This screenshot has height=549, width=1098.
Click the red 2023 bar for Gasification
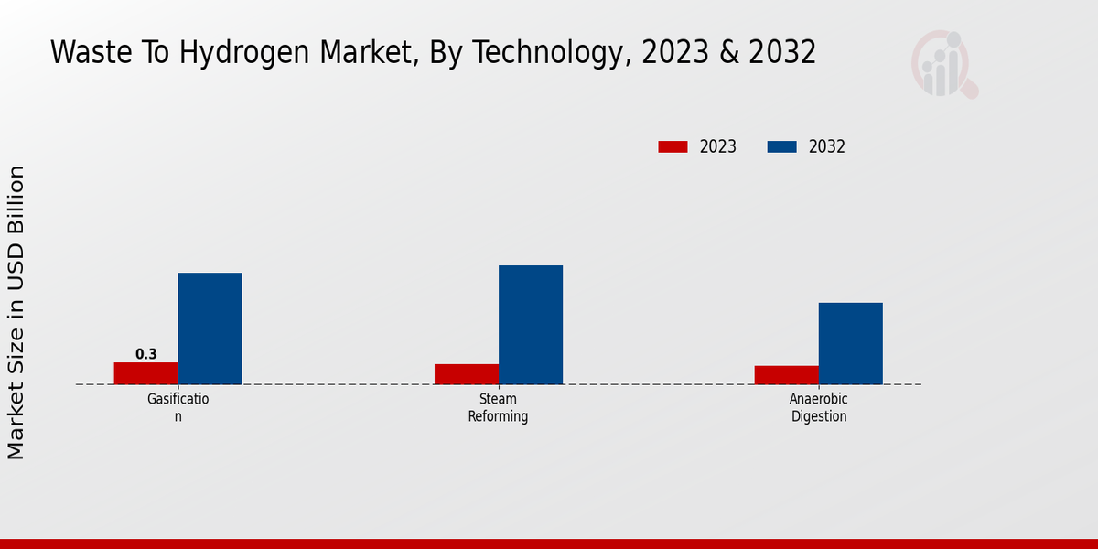146,373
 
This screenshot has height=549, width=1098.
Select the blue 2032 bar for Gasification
210,328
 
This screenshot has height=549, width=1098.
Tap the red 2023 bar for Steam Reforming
467,374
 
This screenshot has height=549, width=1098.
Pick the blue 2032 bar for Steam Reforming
531,325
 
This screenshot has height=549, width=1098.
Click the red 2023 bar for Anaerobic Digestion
787,375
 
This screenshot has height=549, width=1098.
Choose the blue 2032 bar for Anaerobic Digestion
851,343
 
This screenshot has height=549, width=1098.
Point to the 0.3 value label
146,354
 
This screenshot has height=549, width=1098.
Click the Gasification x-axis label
178,407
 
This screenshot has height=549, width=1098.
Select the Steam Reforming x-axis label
499,407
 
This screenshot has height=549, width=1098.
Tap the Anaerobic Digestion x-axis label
819,407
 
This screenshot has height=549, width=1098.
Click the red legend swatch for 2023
673,146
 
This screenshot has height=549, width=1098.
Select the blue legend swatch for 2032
781,146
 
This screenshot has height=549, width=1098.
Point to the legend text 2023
718,146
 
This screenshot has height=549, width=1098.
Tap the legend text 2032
827,146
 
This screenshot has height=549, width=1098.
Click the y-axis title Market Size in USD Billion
16,312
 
